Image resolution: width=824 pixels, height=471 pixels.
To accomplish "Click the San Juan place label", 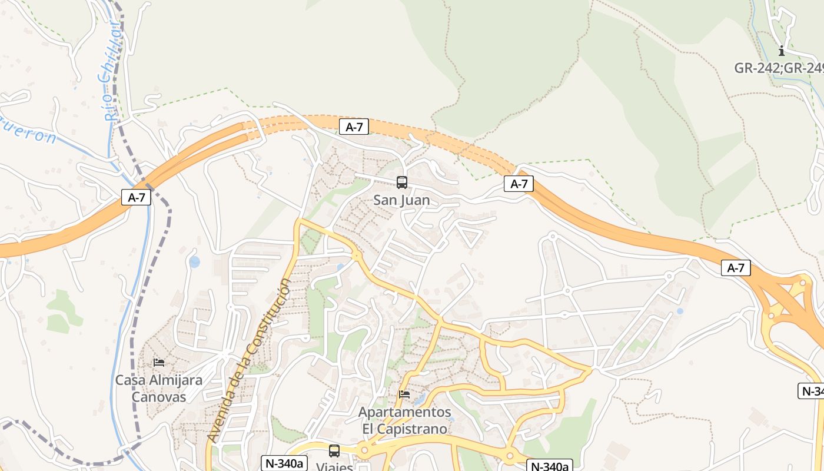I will [401, 200].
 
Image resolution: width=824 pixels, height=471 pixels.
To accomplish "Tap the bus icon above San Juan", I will [402, 183].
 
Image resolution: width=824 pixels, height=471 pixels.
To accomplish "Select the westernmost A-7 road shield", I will [136, 197].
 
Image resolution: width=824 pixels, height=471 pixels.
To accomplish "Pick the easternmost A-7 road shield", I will [736, 268].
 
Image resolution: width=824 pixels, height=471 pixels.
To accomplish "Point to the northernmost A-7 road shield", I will [354, 127].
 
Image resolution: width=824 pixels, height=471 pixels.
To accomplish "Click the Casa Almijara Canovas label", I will [158, 388].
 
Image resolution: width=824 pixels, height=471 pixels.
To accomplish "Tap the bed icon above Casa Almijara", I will [158, 362].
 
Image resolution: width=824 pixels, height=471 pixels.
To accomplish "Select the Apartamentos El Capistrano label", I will [405, 420].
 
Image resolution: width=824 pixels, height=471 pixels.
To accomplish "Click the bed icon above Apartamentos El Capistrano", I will [404, 394].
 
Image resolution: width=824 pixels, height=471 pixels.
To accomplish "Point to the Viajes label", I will [334, 466].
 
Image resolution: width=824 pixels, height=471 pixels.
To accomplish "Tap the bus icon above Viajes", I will [334, 451].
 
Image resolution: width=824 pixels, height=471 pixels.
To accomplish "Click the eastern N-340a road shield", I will [550, 466].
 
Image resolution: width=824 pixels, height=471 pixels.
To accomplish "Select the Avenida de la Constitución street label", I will [249, 361].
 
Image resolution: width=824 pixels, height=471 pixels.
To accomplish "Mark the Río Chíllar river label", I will [112, 71].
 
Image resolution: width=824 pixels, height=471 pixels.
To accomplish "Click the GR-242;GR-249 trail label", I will [778, 68].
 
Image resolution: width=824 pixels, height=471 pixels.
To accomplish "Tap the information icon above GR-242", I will [782, 51].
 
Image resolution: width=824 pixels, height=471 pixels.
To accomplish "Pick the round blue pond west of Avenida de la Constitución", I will [194, 261].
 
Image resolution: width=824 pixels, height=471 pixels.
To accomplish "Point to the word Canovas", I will [158, 397].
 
